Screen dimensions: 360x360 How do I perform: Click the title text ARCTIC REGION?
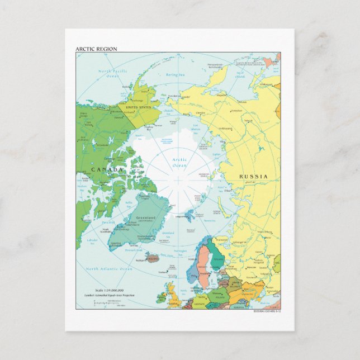coord(96,49)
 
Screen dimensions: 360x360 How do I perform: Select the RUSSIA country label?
coord(253,177)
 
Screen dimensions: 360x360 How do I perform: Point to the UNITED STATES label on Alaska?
coord(139,107)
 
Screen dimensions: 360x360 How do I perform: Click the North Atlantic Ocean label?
coord(110,269)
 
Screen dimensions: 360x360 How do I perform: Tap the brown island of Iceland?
coord(152,258)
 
